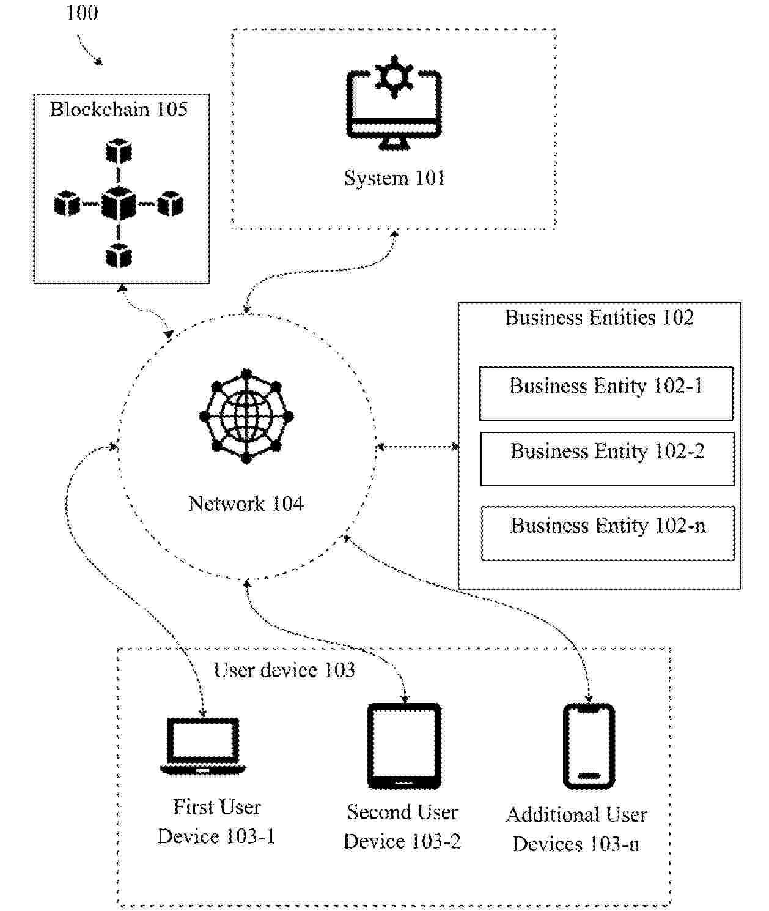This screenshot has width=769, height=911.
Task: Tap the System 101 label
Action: pos(394,178)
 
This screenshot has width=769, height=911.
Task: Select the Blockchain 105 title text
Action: pos(119,110)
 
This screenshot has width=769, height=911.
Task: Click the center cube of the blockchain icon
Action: pos(119,204)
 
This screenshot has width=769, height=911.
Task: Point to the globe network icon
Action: pos(246,417)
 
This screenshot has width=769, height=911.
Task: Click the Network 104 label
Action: pos(246,504)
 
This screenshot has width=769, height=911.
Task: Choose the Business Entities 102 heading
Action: pos(599,318)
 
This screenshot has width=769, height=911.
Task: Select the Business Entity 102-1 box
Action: pos(606,393)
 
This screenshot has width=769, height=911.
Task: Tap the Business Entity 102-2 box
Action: pos(607,459)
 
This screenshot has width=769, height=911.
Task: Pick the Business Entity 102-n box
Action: pos(608,533)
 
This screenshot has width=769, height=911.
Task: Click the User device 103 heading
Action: pos(284,671)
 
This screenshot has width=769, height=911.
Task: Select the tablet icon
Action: pos(404,746)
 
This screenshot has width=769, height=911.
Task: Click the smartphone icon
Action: pos(589,746)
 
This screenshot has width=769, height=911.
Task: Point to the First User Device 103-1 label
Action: pos(216,822)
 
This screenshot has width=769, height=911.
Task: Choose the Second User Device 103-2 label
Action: pos(402,827)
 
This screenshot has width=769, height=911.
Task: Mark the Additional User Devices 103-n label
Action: pos(576,830)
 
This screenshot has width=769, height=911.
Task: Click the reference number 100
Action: pos(82,12)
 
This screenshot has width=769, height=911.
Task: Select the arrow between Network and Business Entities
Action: pos(418,447)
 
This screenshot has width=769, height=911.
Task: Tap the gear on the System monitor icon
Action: pos(394,76)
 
